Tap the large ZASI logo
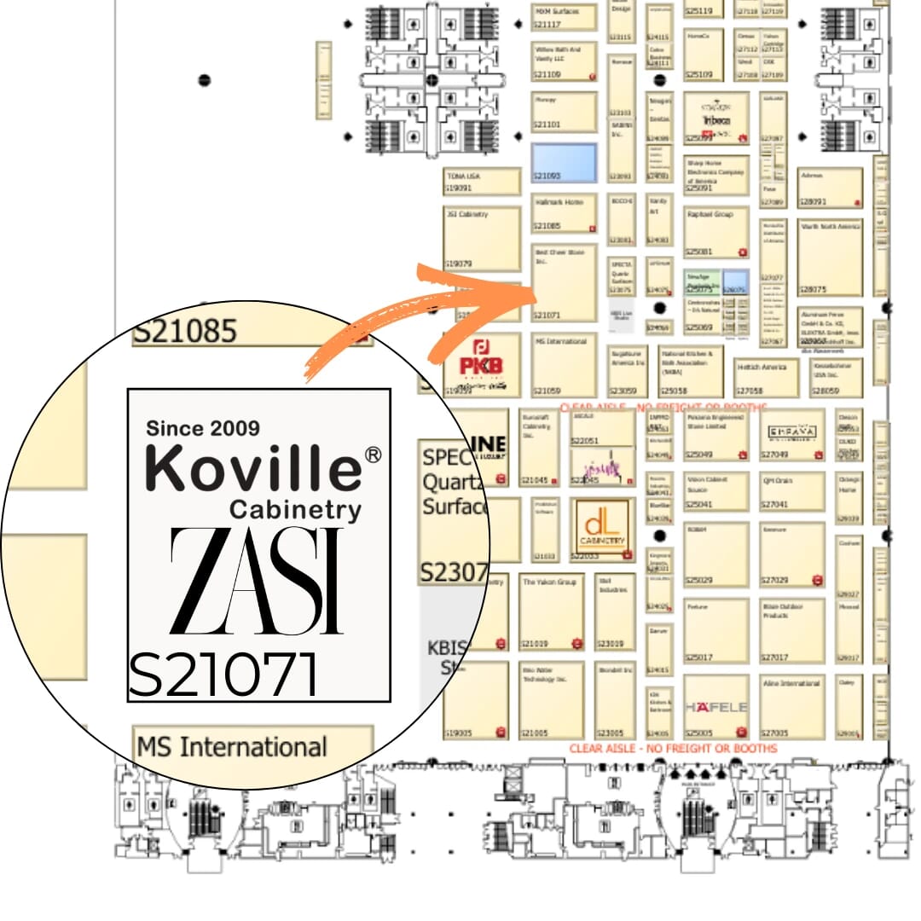(x=257, y=581)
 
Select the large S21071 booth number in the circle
(x=223, y=674)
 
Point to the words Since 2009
(x=203, y=427)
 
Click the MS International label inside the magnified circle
(x=231, y=747)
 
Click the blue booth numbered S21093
(x=563, y=162)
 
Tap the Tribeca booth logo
(x=715, y=119)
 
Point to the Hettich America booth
(x=767, y=376)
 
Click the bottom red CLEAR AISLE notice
(x=673, y=748)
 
